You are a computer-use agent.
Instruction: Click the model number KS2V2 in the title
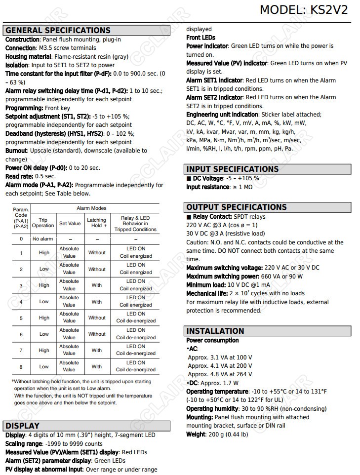point(329,10)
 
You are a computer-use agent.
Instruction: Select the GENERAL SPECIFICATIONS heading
point(58,30)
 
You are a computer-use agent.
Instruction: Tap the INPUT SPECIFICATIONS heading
point(232,169)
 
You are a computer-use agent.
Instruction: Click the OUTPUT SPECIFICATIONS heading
point(236,207)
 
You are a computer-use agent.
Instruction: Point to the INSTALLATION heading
point(215,331)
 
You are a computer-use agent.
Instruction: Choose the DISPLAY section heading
point(22,426)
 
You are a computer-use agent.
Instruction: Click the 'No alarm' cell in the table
point(43,239)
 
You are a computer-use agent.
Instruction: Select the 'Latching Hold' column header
point(97,223)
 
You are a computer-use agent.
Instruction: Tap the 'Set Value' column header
point(70,223)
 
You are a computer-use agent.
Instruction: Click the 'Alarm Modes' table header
point(91,208)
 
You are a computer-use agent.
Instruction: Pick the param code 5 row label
point(21,318)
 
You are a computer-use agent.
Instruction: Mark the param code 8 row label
point(21,367)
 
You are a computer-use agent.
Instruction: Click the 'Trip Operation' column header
point(43,223)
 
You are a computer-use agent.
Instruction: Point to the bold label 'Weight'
point(196,435)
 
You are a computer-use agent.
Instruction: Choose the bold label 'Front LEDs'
point(200,38)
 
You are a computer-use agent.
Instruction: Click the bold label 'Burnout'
point(16,151)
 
